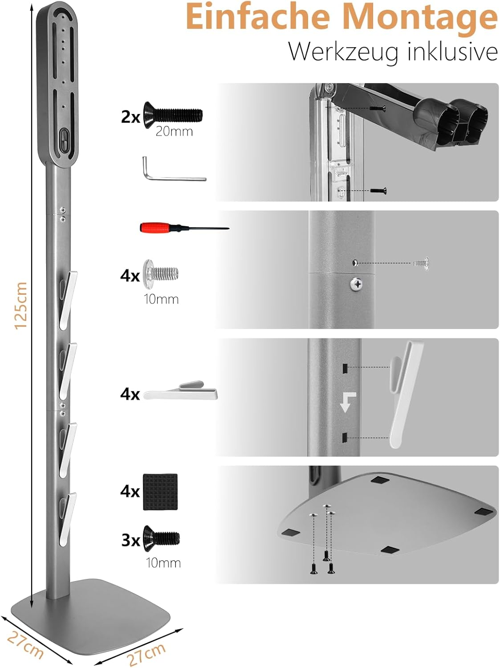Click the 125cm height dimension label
21,305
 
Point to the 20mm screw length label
174,131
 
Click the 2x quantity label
130,117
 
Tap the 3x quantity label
130,541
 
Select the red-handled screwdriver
184,228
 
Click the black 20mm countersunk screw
173,115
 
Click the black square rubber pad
160,492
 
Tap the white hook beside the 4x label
180,391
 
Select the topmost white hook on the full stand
68,300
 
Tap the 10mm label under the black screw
163,563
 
